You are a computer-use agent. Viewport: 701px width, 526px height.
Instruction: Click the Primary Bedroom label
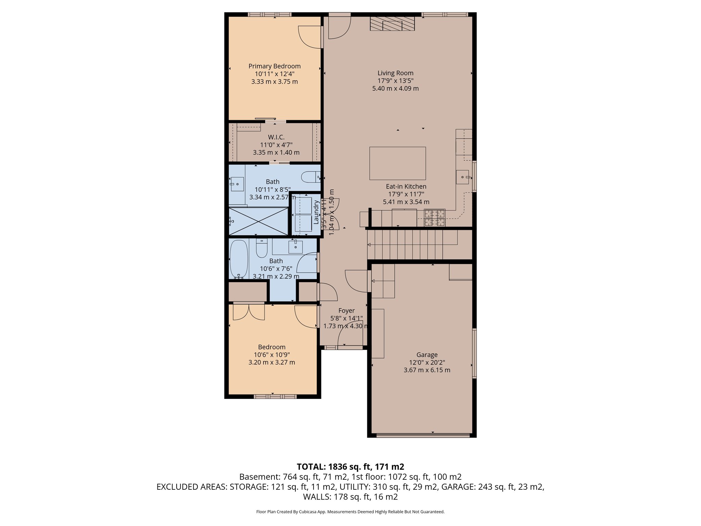pyautogui.click(x=275, y=66)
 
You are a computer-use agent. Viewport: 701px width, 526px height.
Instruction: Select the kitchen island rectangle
pyautogui.click(x=397, y=163)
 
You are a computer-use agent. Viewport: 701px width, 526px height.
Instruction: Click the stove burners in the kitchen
pyautogui.click(x=435, y=218)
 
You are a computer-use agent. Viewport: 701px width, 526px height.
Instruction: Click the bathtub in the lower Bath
pyautogui.click(x=239, y=259)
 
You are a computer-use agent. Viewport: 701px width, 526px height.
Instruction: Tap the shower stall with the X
pyautogui.click(x=258, y=221)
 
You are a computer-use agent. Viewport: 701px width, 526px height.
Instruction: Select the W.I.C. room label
pyautogui.click(x=276, y=137)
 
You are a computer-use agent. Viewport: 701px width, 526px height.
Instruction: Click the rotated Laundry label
pyautogui.click(x=316, y=212)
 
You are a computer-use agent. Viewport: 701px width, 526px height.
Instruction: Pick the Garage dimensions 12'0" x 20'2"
pyautogui.click(x=427, y=363)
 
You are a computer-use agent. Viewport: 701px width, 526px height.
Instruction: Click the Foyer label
pyautogui.click(x=346, y=311)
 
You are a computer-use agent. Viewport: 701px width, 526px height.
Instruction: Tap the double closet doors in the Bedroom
pyautogui.click(x=249, y=312)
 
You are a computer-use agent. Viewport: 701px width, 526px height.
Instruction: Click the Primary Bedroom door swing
pyautogui.click(x=310, y=37)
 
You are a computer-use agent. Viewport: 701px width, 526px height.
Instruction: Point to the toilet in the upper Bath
pyautogui.click(x=310, y=177)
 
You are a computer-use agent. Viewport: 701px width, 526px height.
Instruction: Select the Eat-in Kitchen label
pyautogui.click(x=406, y=187)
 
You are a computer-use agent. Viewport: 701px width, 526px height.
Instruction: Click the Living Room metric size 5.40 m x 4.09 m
pyautogui.click(x=395, y=88)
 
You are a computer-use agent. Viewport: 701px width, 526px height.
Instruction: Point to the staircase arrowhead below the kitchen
pyautogui.click(x=369, y=245)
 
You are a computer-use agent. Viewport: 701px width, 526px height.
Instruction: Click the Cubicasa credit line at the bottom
pyautogui.click(x=350, y=512)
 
